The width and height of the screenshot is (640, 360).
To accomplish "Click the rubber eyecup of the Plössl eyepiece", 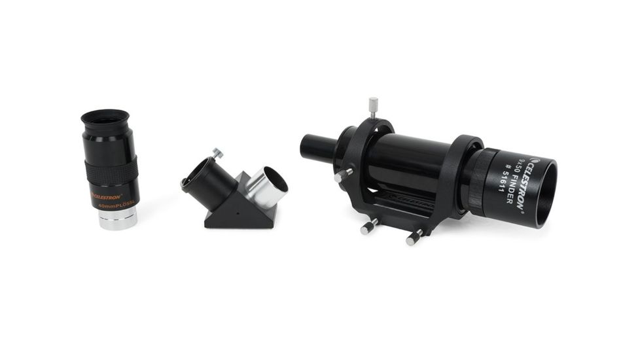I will click(x=105, y=119).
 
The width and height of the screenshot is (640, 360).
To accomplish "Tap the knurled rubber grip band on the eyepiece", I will click(x=111, y=172).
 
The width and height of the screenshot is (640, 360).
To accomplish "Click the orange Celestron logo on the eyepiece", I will click(x=107, y=195).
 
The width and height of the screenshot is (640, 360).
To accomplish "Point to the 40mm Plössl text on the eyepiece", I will click(x=116, y=205).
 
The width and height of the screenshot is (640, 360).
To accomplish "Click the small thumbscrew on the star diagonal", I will click(x=217, y=153).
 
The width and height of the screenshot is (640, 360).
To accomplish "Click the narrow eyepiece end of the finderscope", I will click(x=317, y=147).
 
